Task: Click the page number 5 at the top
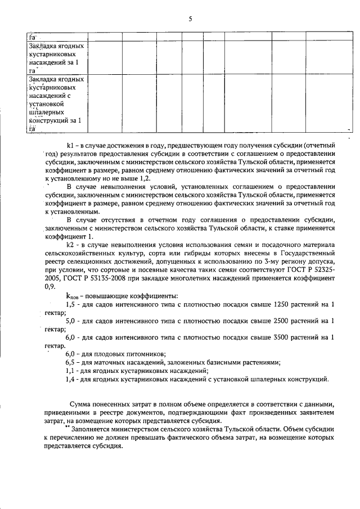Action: [190, 19]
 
